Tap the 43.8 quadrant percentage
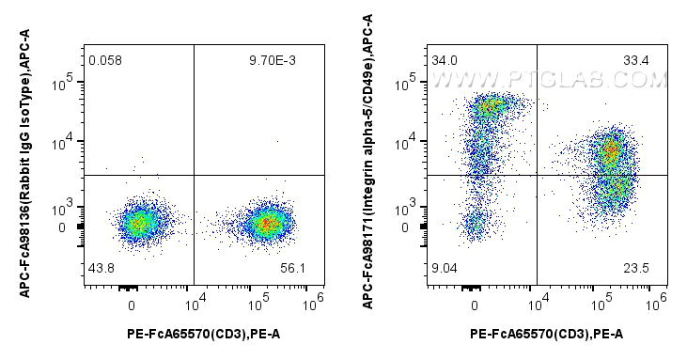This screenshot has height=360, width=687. point(101,268)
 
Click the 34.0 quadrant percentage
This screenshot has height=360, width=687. point(445,61)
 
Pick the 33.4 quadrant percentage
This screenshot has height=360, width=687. point(636,61)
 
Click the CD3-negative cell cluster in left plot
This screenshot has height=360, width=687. point(138,224)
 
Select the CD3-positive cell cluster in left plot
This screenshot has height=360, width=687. point(267,224)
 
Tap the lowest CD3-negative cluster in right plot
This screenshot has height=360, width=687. point(476,224)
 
